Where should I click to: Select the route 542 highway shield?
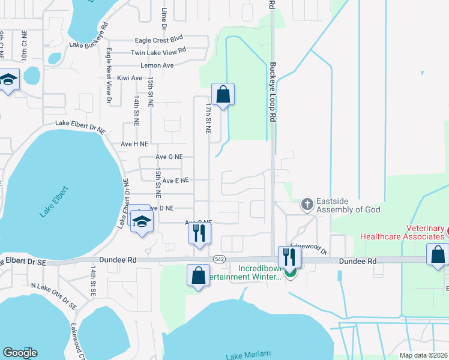[218, 259]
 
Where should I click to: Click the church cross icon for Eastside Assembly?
[307, 205]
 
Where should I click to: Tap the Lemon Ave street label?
[157, 65]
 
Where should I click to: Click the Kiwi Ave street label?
[130, 78]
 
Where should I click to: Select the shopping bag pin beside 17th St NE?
[223, 95]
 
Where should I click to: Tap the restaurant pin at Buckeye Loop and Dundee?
[290, 257]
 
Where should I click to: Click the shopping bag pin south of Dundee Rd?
[198, 276]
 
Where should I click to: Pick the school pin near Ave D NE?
[142, 222]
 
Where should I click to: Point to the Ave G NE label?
[169, 157]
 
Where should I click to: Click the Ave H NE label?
[134, 144]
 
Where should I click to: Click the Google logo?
[20, 353]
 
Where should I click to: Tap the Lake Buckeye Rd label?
[88, 36]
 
